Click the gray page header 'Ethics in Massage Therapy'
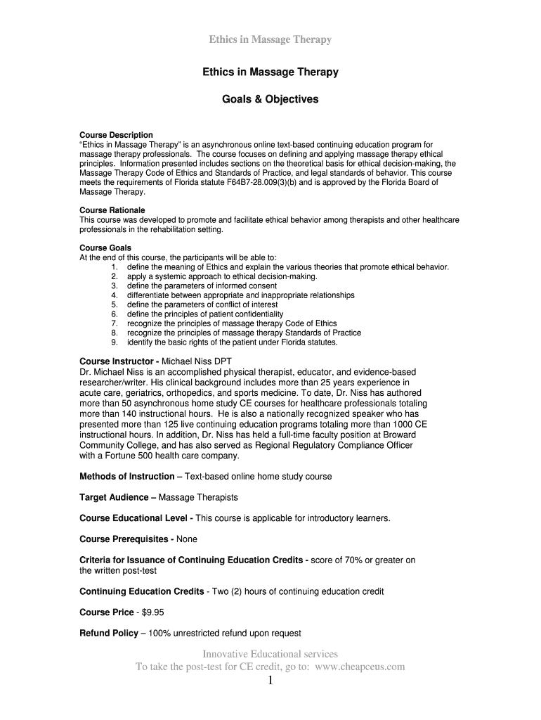click(270, 39)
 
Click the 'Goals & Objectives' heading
click(270, 99)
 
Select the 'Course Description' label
click(116, 135)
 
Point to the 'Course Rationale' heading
click(112, 210)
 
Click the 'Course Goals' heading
click(105, 248)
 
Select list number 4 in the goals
click(114, 295)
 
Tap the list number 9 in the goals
click(114, 342)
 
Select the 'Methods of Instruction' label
click(131, 476)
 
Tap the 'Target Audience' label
click(117, 497)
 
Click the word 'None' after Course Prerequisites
click(187, 539)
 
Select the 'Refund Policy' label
click(109, 633)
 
